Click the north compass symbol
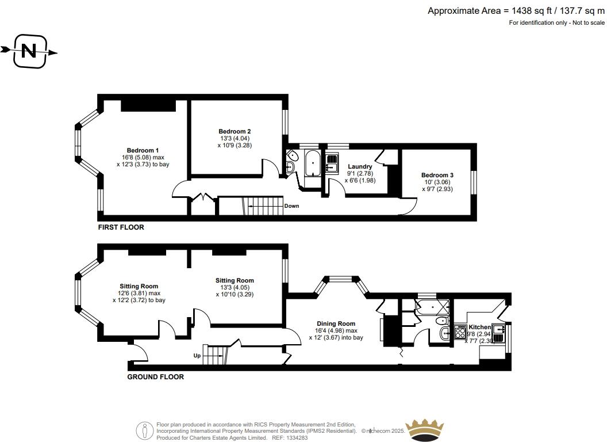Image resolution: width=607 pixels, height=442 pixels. pyautogui.click(x=29, y=52)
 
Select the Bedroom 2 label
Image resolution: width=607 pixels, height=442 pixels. pyautogui.click(x=235, y=131)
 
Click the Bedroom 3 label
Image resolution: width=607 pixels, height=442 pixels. pyautogui.click(x=437, y=175)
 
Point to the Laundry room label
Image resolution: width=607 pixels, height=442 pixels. pyautogui.click(x=360, y=167)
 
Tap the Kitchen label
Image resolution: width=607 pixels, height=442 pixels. pyautogui.click(x=479, y=327)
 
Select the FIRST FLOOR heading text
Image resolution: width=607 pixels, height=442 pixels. pyautogui.click(x=121, y=227)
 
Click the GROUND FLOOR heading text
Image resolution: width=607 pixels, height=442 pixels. pyautogui.click(x=155, y=377)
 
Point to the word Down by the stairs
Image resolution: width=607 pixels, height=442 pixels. pyautogui.click(x=291, y=206)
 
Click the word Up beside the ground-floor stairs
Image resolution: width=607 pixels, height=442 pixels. pyautogui.click(x=197, y=356)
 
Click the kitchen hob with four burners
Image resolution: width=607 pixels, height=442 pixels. pyautogui.click(x=460, y=332)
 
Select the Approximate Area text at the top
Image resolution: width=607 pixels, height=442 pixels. pyautogui.click(x=516, y=10)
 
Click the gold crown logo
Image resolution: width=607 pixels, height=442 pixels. pyautogui.click(x=425, y=429)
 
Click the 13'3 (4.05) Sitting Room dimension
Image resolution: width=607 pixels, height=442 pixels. pyautogui.click(x=235, y=288)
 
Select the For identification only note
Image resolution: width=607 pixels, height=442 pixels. pyautogui.click(x=556, y=23)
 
